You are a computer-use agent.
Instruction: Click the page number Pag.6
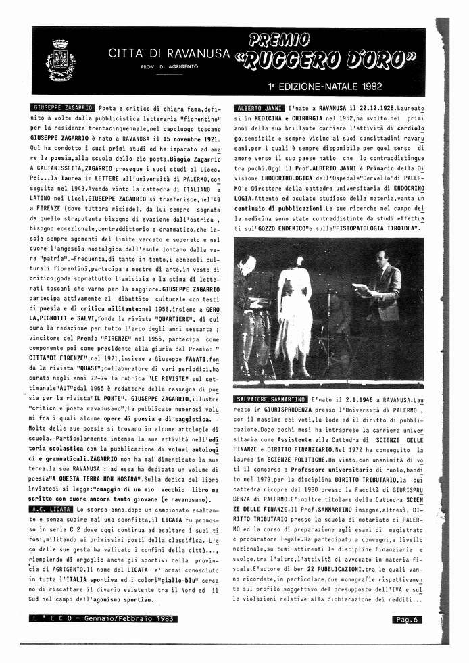pos(408,618)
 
